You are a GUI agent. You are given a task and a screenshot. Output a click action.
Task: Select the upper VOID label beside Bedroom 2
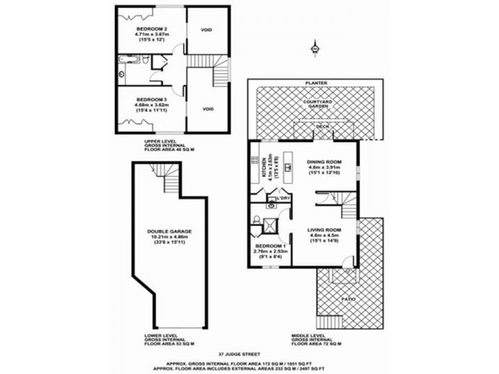tap(207, 29)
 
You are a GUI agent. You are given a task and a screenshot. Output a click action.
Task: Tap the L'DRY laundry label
tap(283, 198)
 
